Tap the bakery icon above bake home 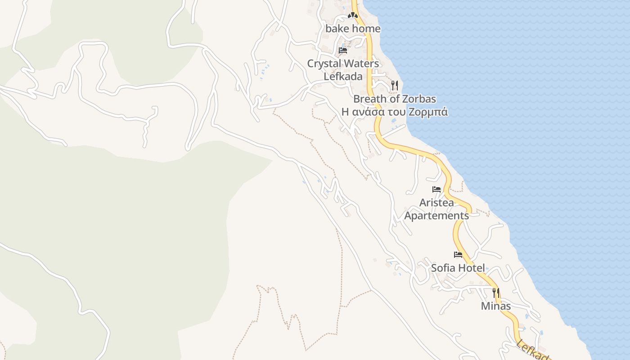352,15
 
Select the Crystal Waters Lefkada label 343,70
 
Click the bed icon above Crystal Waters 343,50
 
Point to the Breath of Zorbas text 395,99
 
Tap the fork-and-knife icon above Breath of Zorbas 395,85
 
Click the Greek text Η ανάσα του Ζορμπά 395,112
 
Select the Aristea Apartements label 436,209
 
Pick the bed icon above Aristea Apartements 436,189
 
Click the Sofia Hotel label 458,268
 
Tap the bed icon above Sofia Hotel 458,255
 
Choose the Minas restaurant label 496,306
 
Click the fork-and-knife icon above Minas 496,293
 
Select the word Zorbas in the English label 419,99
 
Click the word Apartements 436,216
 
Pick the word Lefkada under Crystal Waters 343,76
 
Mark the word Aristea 436,203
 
